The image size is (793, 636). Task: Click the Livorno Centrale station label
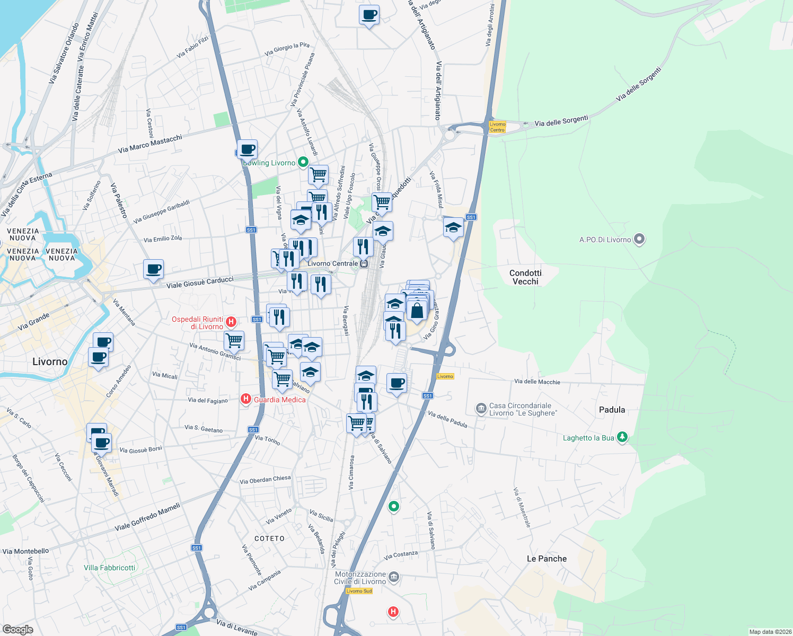333,263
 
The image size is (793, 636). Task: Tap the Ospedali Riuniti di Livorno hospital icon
231,322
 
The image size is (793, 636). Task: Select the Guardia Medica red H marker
245,399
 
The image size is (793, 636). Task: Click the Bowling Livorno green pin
303,162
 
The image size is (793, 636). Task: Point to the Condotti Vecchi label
525,277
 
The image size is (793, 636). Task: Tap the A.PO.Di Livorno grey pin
639,239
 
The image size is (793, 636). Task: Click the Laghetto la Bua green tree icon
622,437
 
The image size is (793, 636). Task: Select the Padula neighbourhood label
612,410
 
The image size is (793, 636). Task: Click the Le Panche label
547,559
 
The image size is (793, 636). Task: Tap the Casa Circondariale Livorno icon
481,409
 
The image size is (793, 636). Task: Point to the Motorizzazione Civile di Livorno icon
394,577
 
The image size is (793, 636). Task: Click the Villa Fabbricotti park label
110,568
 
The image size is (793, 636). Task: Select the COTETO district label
269,538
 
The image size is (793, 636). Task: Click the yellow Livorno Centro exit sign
497,127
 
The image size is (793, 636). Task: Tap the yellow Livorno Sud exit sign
359,591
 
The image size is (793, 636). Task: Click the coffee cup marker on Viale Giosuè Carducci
153,269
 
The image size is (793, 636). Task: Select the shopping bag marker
417,311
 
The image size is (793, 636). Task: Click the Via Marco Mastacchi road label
150,144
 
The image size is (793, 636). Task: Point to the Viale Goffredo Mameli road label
147,517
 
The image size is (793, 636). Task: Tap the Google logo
17,629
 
